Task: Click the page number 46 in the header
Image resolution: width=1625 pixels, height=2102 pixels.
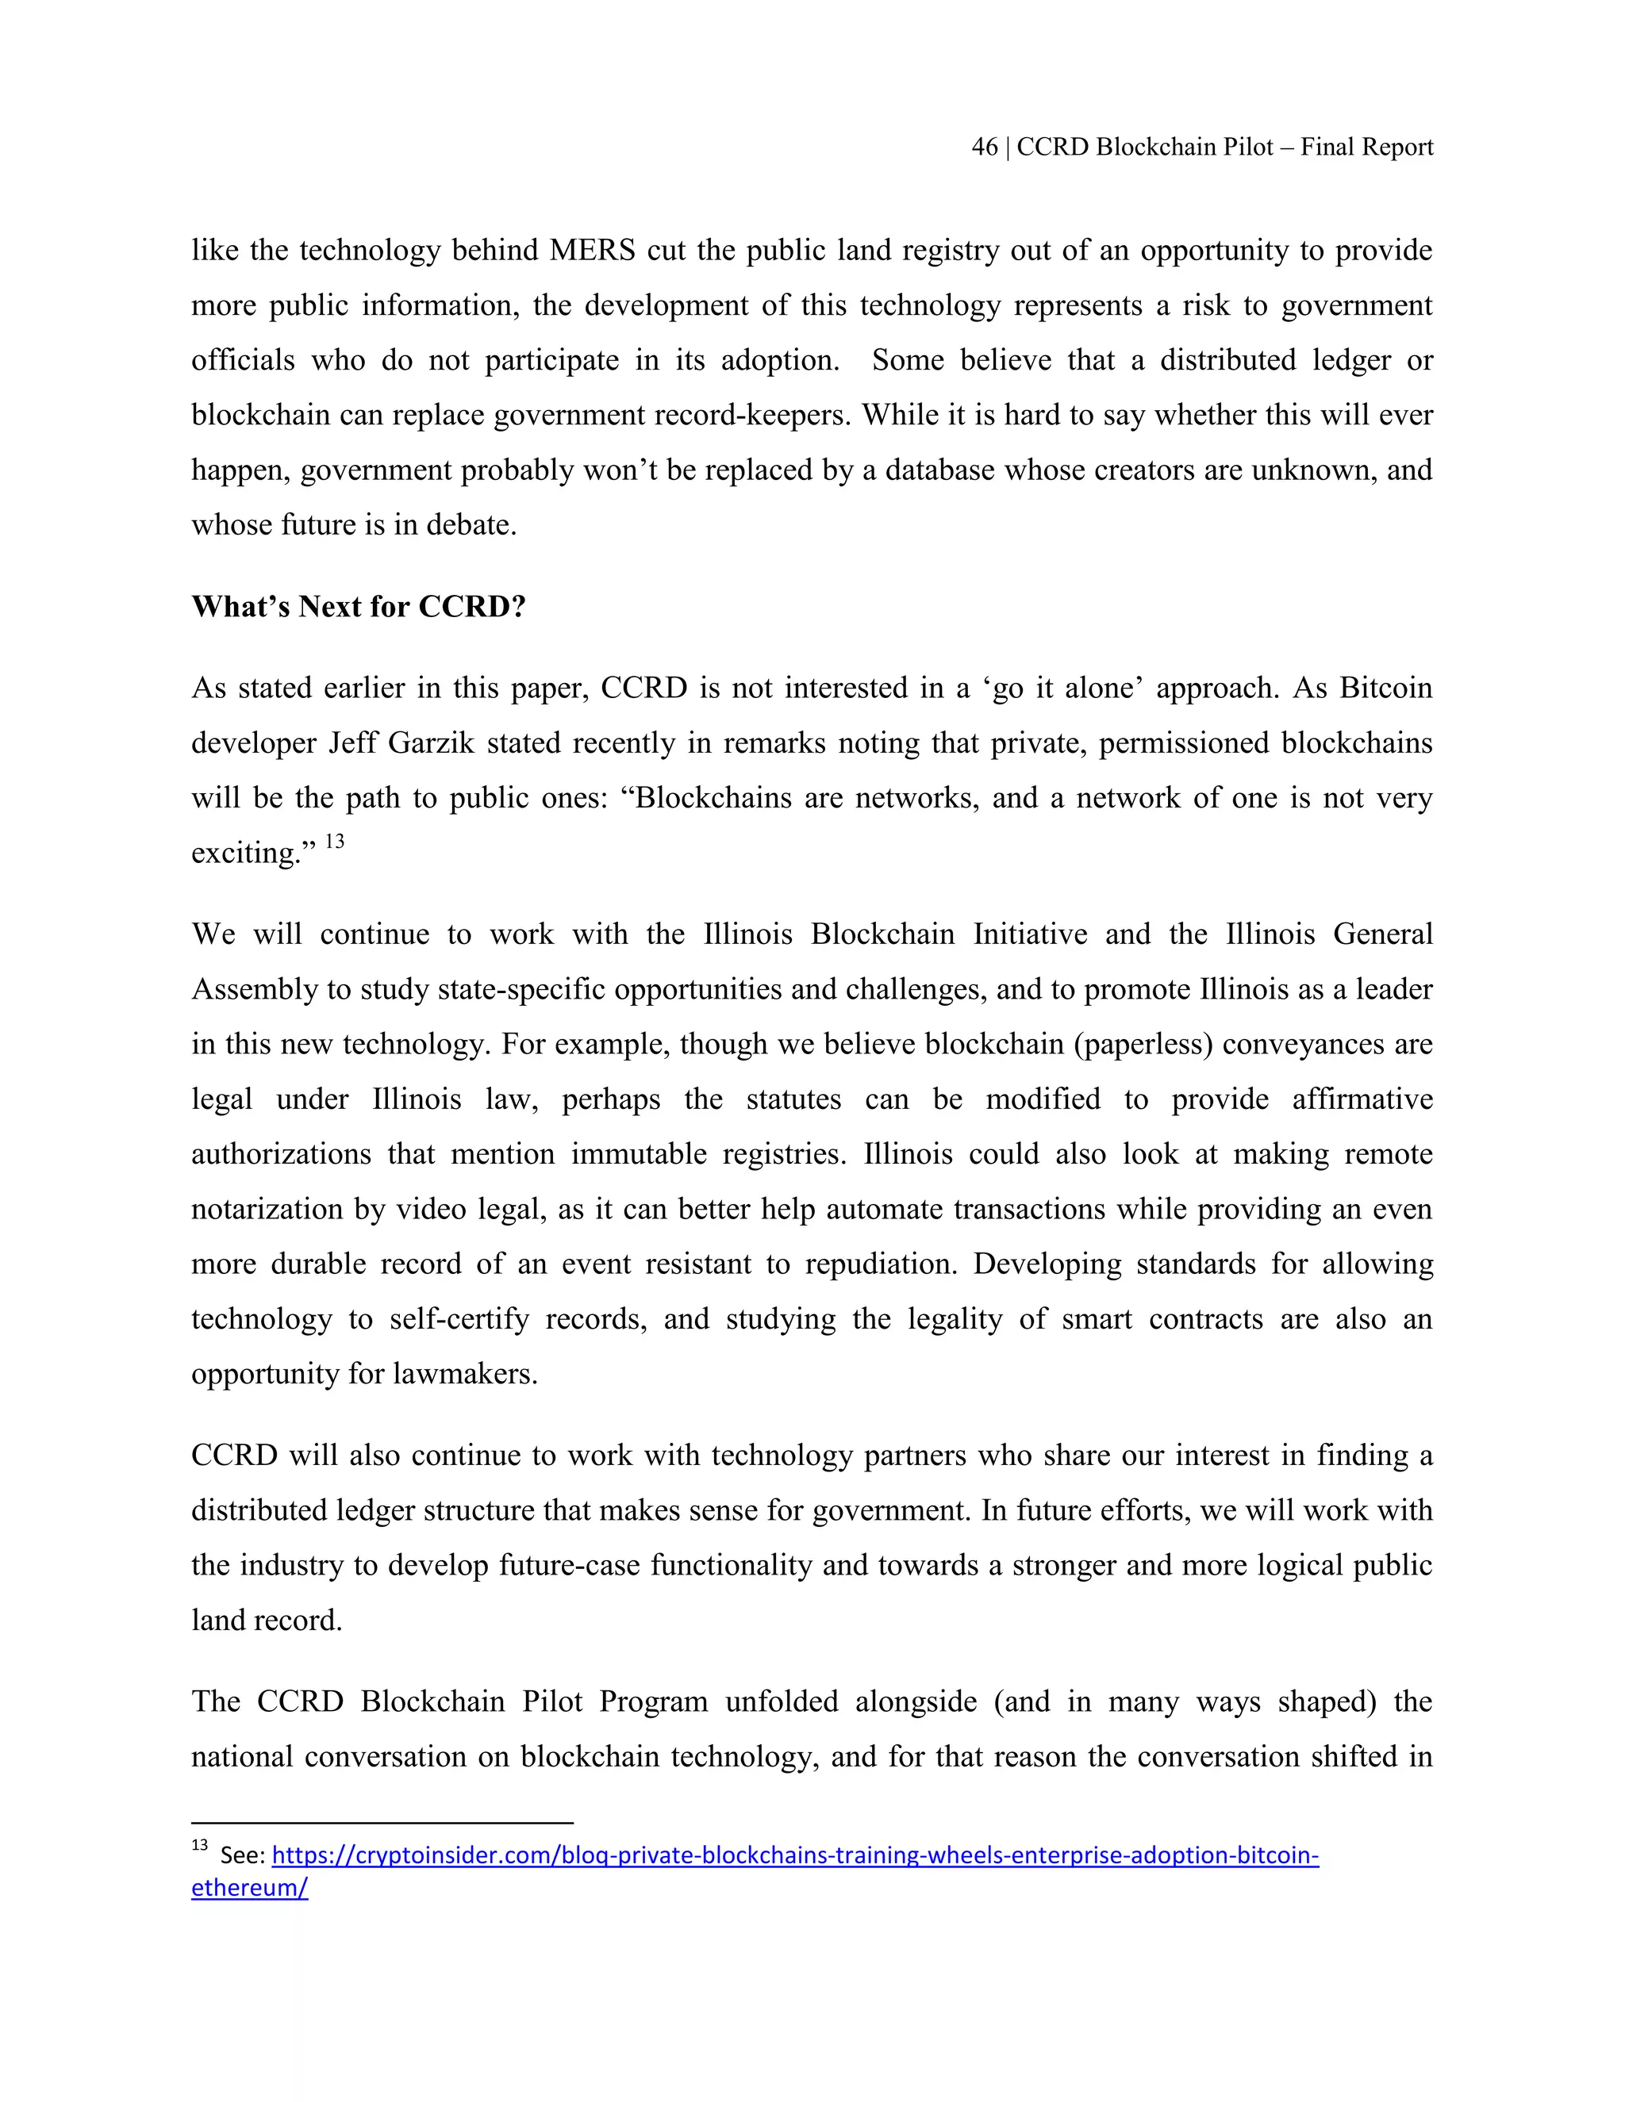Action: click(984, 148)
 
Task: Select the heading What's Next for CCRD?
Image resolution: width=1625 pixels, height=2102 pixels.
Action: click(358, 606)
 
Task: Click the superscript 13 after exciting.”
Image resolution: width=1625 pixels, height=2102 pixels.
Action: click(334, 842)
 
